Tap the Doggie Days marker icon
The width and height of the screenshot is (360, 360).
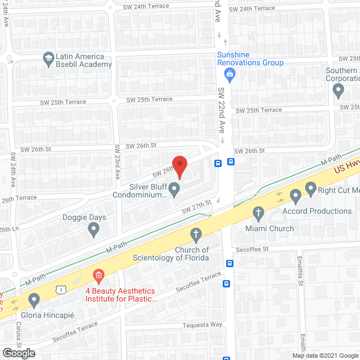coord(94,229)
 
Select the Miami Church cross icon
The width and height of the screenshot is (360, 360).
coord(258,213)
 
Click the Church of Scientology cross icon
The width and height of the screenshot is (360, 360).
coord(196,234)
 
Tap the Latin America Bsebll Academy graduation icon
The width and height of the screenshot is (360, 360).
coord(48,58)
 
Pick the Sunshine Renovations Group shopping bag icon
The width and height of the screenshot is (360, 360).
coord(229,74)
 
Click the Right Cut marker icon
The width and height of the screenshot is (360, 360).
coord(310,188)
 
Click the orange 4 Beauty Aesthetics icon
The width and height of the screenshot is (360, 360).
coord(99,276)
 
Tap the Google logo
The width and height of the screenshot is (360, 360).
coord(18,353)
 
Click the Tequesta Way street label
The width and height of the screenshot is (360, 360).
coord(202,325)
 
